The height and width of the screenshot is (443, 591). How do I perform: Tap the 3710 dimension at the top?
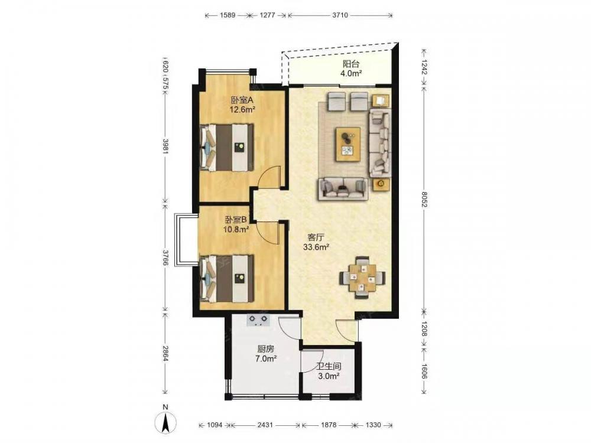click(340, 15)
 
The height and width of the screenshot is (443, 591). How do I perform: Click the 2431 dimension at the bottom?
click(265, 425)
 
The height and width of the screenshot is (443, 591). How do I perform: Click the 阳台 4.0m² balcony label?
click(351, 69)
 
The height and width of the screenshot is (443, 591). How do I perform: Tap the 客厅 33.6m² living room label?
click(316, 242)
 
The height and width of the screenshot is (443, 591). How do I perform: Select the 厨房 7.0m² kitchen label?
click(266, 354)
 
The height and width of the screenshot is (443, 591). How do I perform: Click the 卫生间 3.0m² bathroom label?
click(329, 371)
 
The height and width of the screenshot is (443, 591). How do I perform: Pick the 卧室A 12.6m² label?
click(243, 105)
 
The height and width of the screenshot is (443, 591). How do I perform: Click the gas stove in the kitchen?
click(259, 320)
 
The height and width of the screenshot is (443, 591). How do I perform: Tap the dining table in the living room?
click(362, 278)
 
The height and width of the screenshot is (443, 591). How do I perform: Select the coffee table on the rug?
click(348, 144)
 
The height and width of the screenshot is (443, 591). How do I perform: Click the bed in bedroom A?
click(226, 147)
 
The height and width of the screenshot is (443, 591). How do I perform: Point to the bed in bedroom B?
click(226, 279)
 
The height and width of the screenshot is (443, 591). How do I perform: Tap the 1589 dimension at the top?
click(228, 15)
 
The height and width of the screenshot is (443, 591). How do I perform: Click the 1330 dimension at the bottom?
click(373, 425)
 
